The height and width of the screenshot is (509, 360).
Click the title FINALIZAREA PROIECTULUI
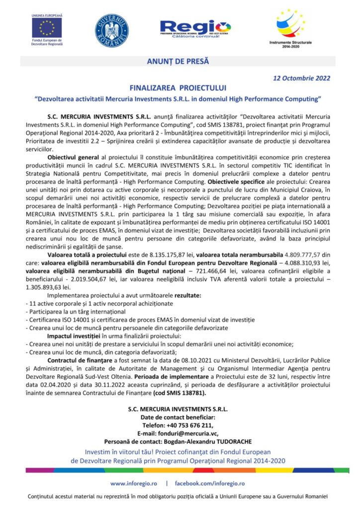pyautogui.click(x=178, y=87)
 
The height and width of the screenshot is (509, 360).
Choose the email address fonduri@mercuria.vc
pyautogui.click(x=188, y=433)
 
